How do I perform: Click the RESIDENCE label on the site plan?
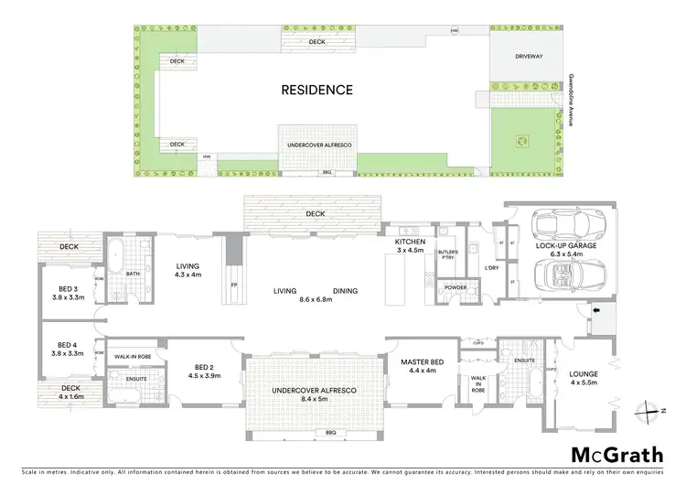coord(316,90)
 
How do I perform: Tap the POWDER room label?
coord(454,287)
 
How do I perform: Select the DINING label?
coord(346,291)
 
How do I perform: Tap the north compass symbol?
coord(652,411)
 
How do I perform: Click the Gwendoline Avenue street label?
coord(570,100)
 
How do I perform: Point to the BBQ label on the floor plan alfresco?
coord(326,432)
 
